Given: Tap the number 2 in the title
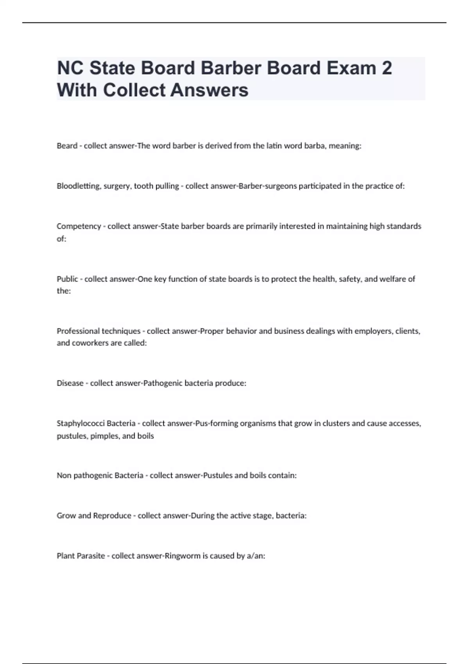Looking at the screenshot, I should [x=386, y=68].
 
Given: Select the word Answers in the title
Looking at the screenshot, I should [x=209, y=90].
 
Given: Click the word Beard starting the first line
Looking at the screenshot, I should [x=67, y=146].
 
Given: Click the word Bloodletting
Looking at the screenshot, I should [x=79, y=186].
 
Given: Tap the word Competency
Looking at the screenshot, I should [x=79, y=226].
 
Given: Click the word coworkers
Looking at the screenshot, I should [x=90, y=343].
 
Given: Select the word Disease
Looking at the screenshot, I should [x=70, y=383].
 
